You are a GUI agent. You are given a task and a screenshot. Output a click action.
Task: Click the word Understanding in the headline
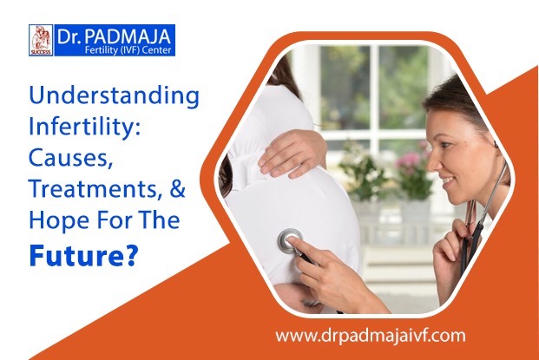(114, 97)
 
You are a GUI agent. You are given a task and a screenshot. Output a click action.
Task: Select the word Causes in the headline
(69, 158)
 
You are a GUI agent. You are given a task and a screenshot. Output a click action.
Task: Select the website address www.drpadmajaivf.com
(371, 336)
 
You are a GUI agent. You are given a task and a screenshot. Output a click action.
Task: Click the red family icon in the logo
(41, 40)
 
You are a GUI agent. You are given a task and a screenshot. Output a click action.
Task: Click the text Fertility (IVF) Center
(128, 50)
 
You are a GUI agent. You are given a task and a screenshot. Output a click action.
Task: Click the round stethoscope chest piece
(290, 239)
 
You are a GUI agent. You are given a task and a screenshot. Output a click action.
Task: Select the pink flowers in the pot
(413, 160)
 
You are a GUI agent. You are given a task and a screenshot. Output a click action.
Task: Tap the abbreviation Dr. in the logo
(69, 37)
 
